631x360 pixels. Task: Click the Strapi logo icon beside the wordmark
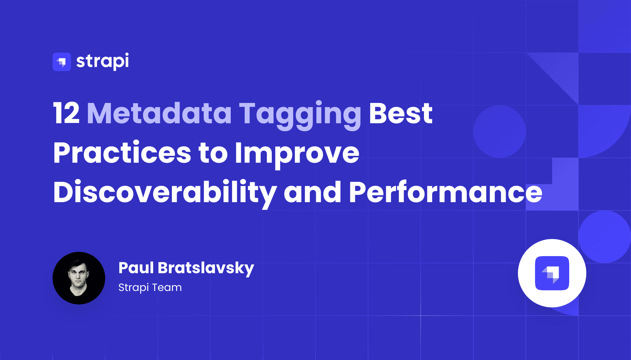tap(62, 62)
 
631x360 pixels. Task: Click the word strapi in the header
tap(103, 61)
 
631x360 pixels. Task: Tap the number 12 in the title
tap(66, 113)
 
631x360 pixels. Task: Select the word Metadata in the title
tap(159, 113)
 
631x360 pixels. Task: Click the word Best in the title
tap(401, 113)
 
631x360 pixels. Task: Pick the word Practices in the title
tap(122, 153)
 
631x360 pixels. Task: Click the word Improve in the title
tap(297, 153)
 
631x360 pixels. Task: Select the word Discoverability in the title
tap(165, 192)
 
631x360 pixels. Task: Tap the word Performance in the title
tap(445, 192)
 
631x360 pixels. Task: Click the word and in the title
tap(312, 192)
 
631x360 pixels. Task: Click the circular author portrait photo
tap(79, 278)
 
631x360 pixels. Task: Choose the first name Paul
tap(136, 268)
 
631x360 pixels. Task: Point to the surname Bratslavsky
tap(206, 268)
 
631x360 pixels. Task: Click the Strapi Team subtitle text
tap(150, 287)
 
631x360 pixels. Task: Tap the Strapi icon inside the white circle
tap(552, 273)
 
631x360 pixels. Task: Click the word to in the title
tap(213, 153)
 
